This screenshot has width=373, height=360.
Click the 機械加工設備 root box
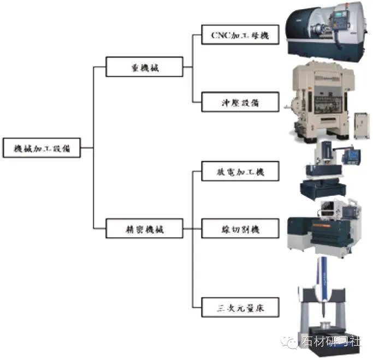(x=42, y=148)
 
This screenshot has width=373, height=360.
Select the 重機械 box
(x=144, y=67)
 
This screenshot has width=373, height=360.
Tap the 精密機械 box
(x=144, y=229)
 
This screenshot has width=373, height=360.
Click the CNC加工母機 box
(x=240, y=35)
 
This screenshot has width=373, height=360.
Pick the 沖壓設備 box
(x=240, y=102)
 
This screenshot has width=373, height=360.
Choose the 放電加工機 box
(x=240, y=171)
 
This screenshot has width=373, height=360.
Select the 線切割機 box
(x=240, y=229)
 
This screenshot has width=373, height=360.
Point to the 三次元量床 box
(x=240, y=307)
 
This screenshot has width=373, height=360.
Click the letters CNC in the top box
(x=221, y=35)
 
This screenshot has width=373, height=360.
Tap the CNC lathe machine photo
(x=326, y=32)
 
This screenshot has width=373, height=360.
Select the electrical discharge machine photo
(x=329, y=170)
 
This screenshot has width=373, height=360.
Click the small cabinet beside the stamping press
(x=362, y=126)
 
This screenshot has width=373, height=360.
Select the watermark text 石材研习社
(x=331, y=341)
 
